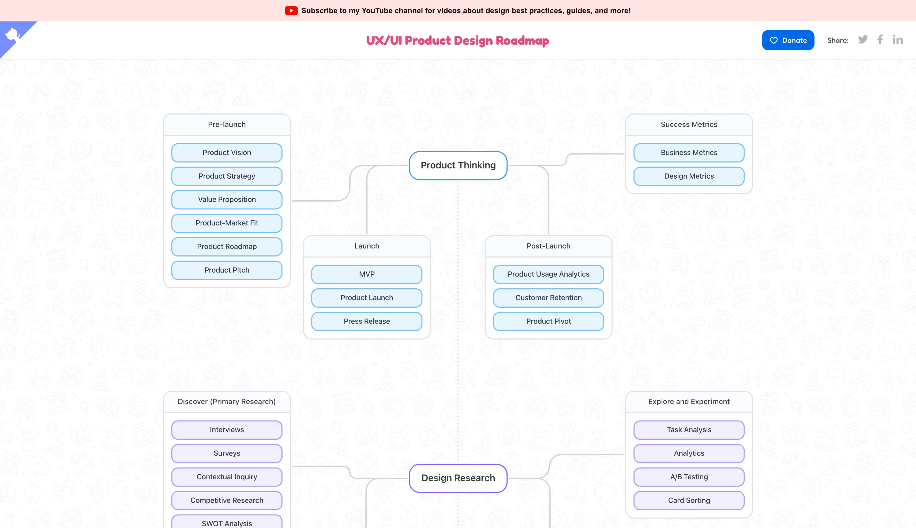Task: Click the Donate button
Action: [x=788, y=40]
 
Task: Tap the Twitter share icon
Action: [x=863, y=40]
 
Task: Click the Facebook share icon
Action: [x=880, y=40]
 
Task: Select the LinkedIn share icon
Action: [x=898, y=40]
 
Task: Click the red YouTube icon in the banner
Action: [x=291, y=10]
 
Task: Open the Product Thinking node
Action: [x=458, y=165]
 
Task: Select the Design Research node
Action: [x=458, y=478]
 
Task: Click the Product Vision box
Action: [x=227, y=153]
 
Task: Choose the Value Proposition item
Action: [x=227, y=199]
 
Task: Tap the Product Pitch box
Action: [x=227, y=270]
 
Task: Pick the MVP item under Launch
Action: [x=367, y=274]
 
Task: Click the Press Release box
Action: [x=367, y=321]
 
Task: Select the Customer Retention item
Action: [x=548, y=298]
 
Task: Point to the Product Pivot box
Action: [x=548, y=321]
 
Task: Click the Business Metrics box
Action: [x=689, y=153]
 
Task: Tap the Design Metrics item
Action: [x=689, y=176]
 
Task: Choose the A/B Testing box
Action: [x=689, y=477]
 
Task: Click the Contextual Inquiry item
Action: [x=227, y=477]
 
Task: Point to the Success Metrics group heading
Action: [x=689, y=125]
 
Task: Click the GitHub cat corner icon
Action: [x=12, y=35]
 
